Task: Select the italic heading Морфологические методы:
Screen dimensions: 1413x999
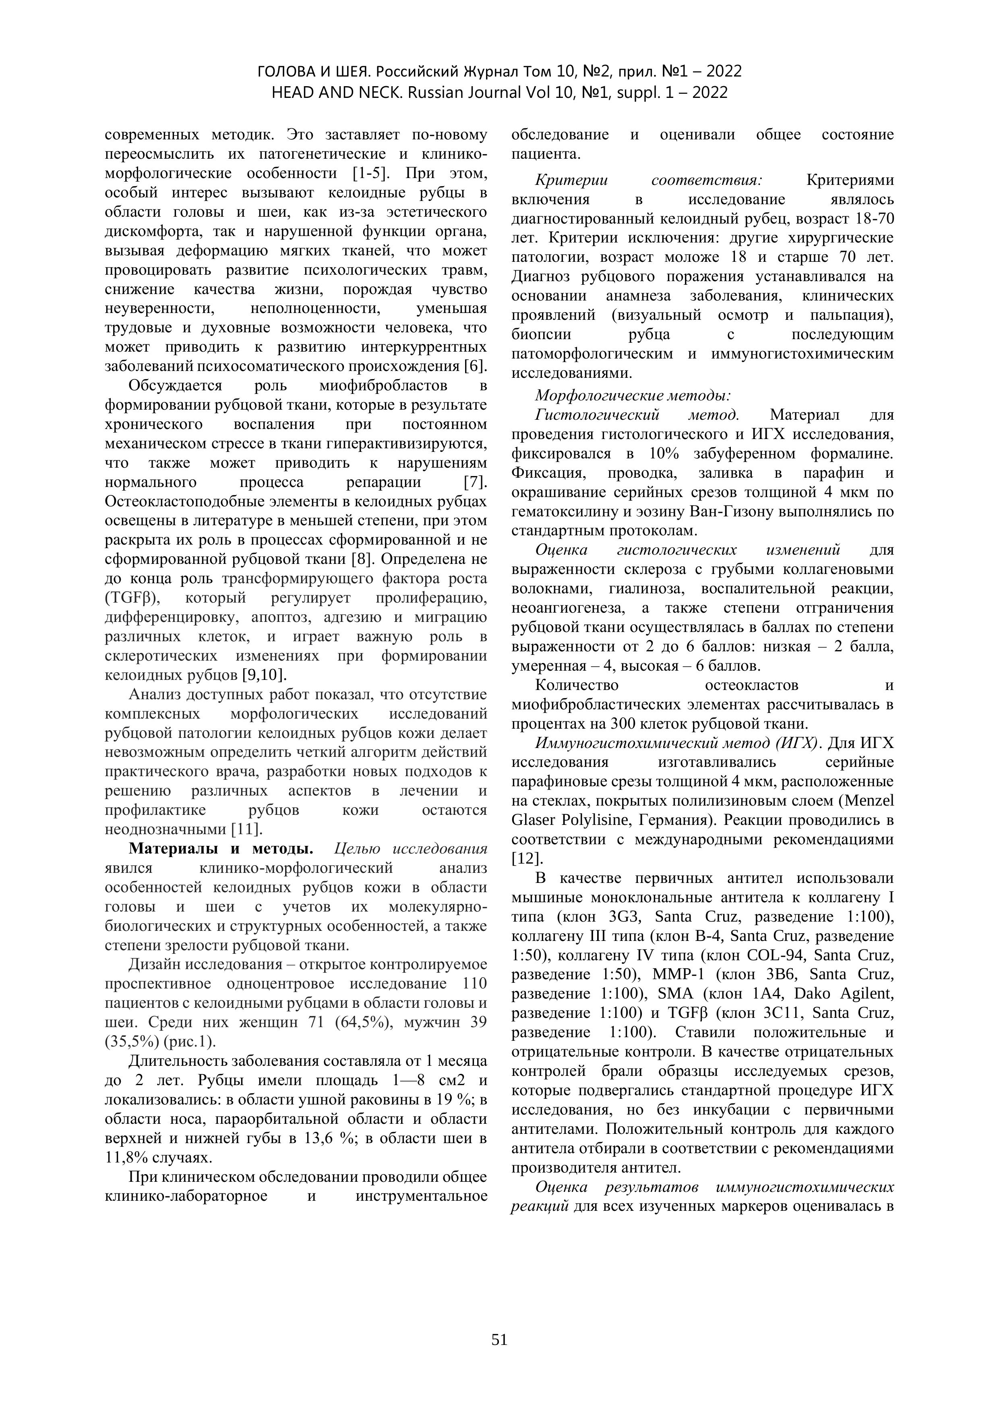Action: click(x=632, y=395)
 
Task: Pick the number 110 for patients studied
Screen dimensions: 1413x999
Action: click(x=474, y=984)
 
